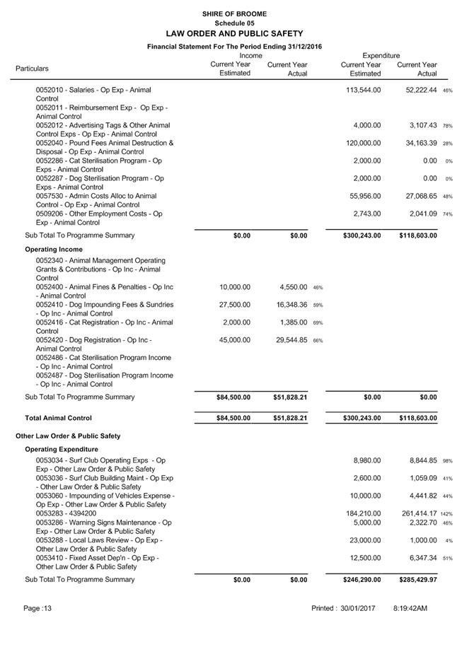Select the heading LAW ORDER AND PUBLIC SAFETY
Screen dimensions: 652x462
[233, 33]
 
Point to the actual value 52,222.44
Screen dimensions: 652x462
[417, 90]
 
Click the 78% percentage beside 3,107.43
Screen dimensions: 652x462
[448, 126]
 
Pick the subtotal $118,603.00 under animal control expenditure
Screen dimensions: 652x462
[417, 235]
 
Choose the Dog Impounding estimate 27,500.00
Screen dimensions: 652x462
[234, 305]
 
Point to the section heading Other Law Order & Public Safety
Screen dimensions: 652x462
[68, 436]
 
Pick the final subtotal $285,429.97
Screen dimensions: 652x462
[417, 580]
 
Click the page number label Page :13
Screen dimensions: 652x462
[37, 608]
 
